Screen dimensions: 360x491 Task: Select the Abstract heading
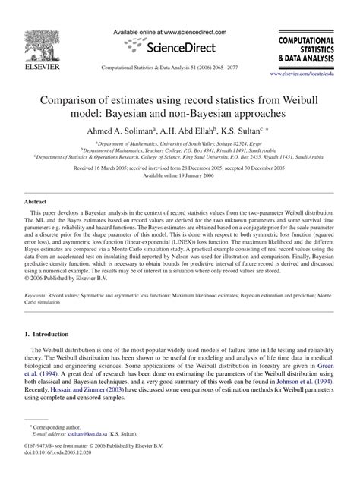[38, 203]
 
